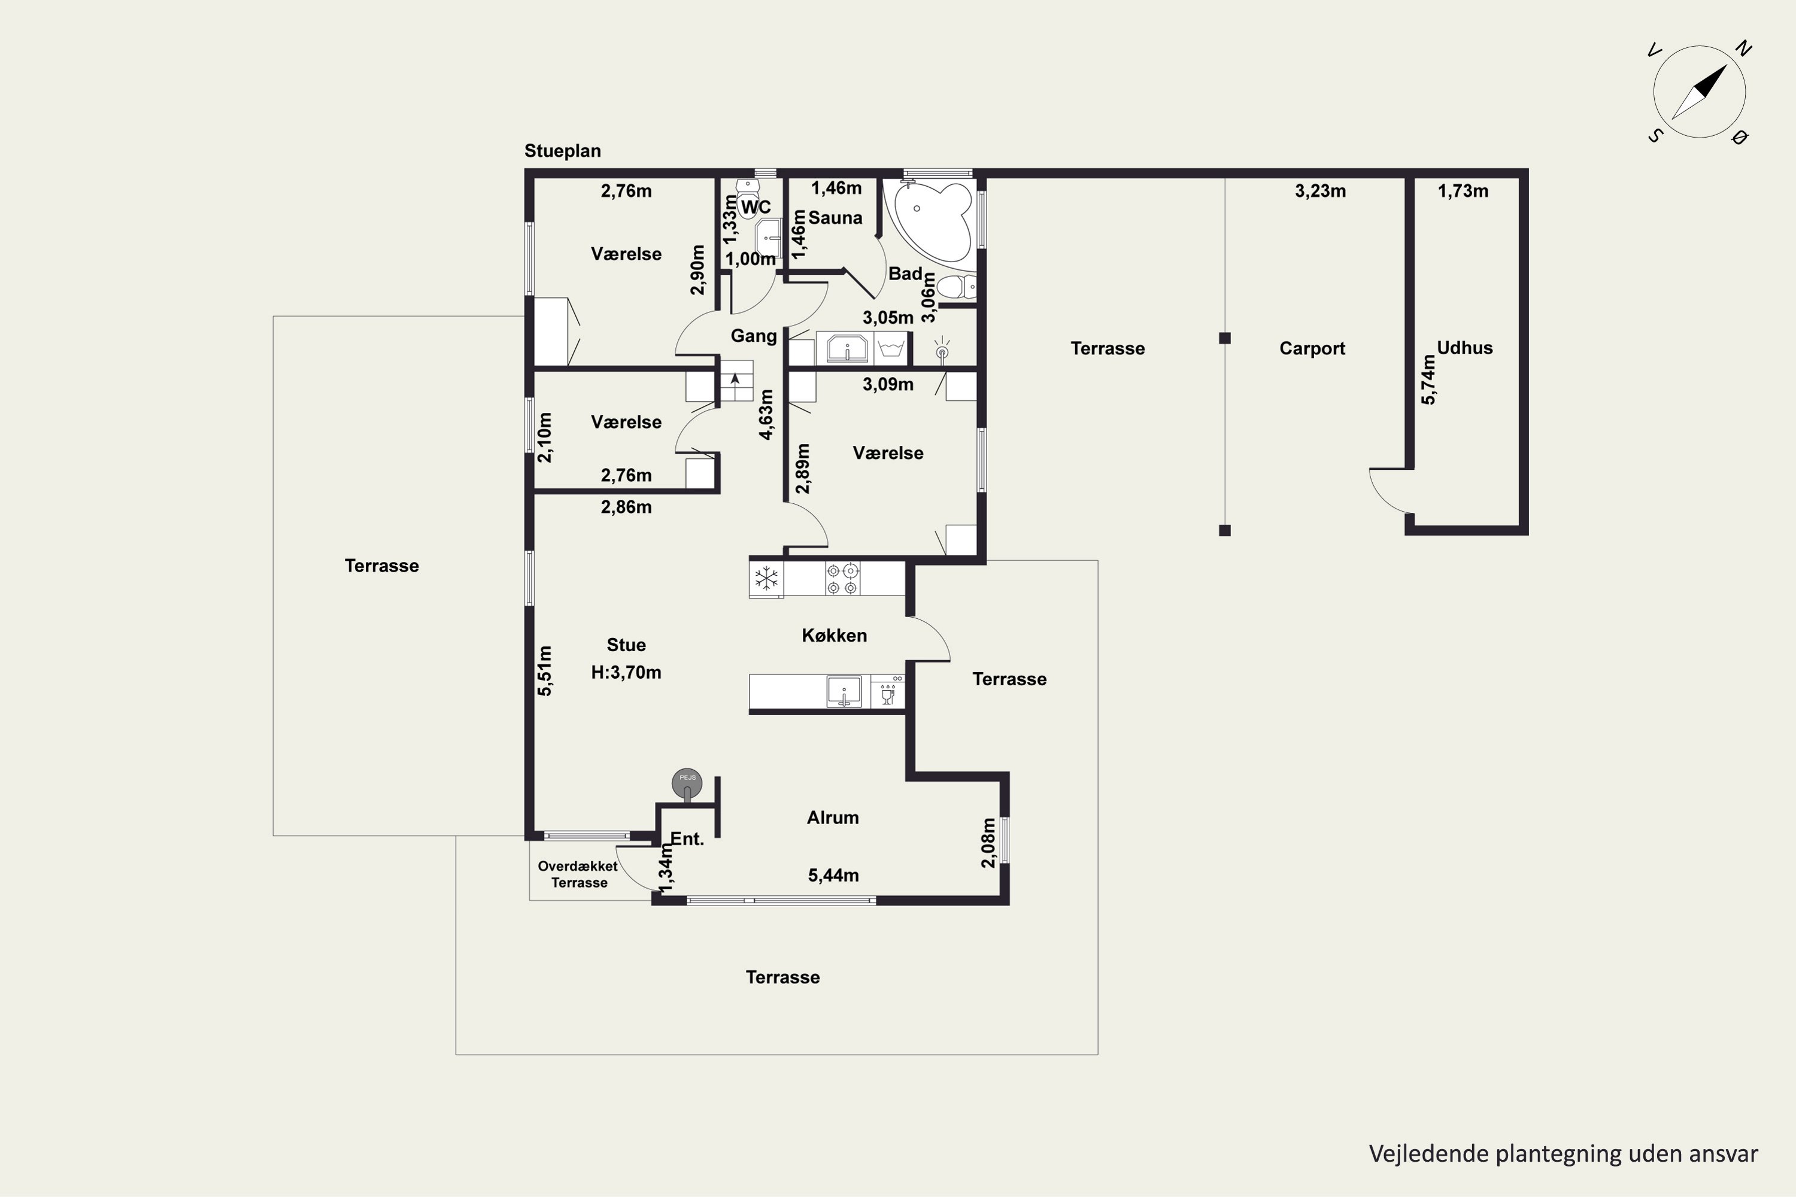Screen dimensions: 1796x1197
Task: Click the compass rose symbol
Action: pyautogui.click(x=1699, y=92)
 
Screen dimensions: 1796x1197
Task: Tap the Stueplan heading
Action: pyautogui.click(x=562, y=151)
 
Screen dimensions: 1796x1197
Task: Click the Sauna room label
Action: pyautogui.click(x=835, y=218)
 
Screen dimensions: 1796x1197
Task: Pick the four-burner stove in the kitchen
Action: pyautogui.click(x=842, y=579)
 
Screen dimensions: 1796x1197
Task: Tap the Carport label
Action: pyautogui.click(x=1312, y=349)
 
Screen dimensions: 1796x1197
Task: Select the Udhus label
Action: pyautogui.click(x=1464, y=348)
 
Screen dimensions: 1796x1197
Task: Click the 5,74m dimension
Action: pyautogui.click(x=1428, y=380)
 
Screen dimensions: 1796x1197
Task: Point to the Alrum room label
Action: pyautogui.click(x=833, y=818)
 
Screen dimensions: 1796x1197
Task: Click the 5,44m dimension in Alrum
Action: pyautogui.click(x=833, y=876)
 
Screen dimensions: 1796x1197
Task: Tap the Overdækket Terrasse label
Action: pyautogui.click(x=578, y=874)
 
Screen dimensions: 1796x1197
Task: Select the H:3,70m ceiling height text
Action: pyautogui.click(x=626, y=673)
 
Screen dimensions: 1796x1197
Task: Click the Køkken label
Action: pyautogui.click(x=834, y=635)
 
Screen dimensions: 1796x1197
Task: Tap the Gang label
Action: pyautogui.click(x=754, y=336)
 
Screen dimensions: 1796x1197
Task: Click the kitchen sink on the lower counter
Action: pyautogui.click(x=844, y=692)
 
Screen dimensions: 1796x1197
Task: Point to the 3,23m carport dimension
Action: pyautogui.click(x=1320, y=191)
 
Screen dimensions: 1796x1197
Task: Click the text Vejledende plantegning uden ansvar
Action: pyautogui.click(x=1563, y=1153)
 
